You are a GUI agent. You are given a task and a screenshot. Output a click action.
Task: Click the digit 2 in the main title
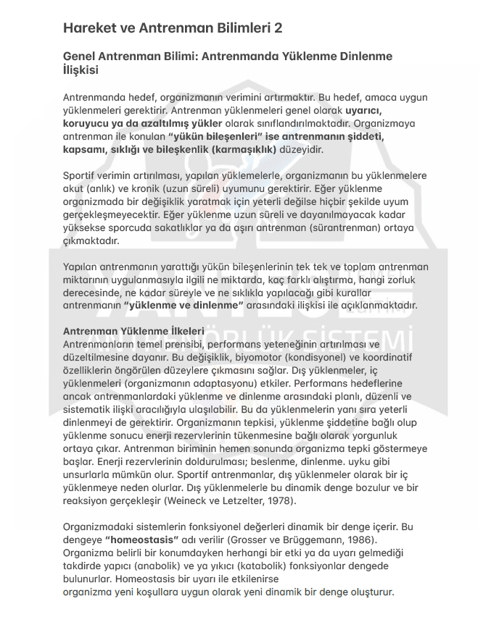278,29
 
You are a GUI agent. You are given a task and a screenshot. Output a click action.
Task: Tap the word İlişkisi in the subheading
81,70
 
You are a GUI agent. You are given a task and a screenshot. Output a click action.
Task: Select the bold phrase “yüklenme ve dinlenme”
183,306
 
